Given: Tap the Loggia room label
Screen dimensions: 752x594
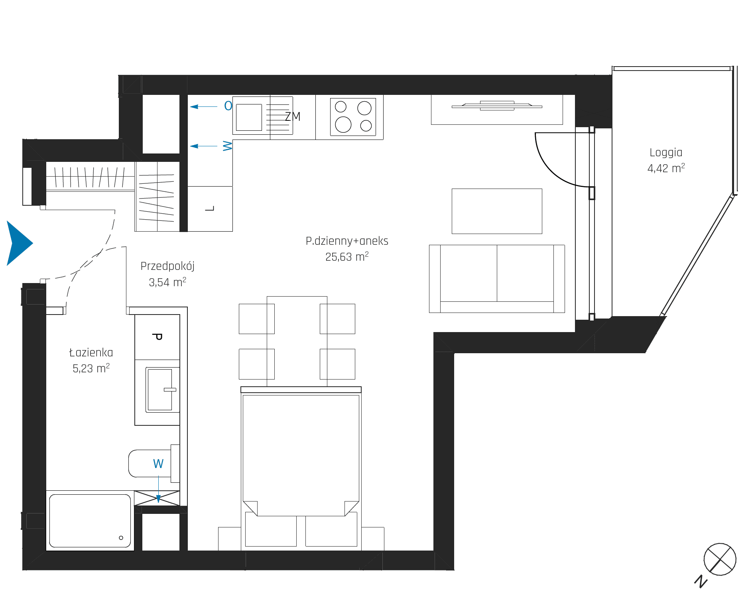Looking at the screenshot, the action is click(666, 153).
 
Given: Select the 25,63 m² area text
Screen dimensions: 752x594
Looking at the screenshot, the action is click(347, 257).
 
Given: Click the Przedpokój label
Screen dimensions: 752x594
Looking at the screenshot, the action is click(167, 266).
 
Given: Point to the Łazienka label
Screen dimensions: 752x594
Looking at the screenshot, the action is click(91, 352).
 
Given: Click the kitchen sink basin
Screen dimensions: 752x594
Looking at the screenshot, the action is click(249, 117).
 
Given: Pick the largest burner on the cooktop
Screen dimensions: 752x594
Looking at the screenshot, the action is click(343, 124).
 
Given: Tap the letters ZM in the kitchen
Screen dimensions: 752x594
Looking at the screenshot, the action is click(293, 116).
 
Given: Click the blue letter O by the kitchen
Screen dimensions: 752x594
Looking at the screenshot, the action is click(228, 106).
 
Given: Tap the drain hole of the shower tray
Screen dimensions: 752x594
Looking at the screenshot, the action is click(121, 538).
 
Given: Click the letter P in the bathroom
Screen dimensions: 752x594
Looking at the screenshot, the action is click(157, 337).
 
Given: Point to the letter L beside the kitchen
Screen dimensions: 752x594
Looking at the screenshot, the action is click(210, 208).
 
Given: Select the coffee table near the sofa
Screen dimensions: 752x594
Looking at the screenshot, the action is click(497, 211).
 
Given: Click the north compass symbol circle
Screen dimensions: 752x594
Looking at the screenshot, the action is click(720, 559).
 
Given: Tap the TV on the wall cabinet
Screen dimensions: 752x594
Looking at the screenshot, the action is click(497, 106).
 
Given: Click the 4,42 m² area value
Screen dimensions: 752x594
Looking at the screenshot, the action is click(666, 168).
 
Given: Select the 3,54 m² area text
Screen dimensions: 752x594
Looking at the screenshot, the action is click(167, 282).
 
